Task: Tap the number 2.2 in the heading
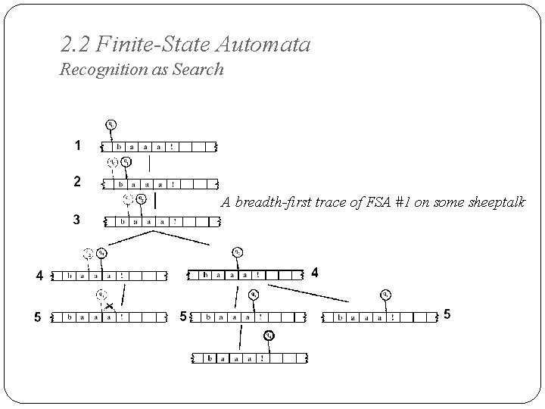(x=75, y=45)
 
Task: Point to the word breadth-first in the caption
(x=265, y=202)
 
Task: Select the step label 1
(x=76, y=145)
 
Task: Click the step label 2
(x=76, y=182)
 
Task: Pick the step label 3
(x=76, y=220)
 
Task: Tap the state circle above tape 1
(x=111, y=125)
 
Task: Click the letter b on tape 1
(x=120, y=147)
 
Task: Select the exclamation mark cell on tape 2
(x=174, y=183)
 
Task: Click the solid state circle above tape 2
(x=126, y=161)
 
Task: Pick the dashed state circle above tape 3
(x=128, y=199)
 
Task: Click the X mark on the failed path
(x=109, y=305)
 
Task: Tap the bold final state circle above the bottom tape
(x=269, y=336)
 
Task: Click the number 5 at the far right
(x=447, y=314)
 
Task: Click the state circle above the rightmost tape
(x=386, y=294)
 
